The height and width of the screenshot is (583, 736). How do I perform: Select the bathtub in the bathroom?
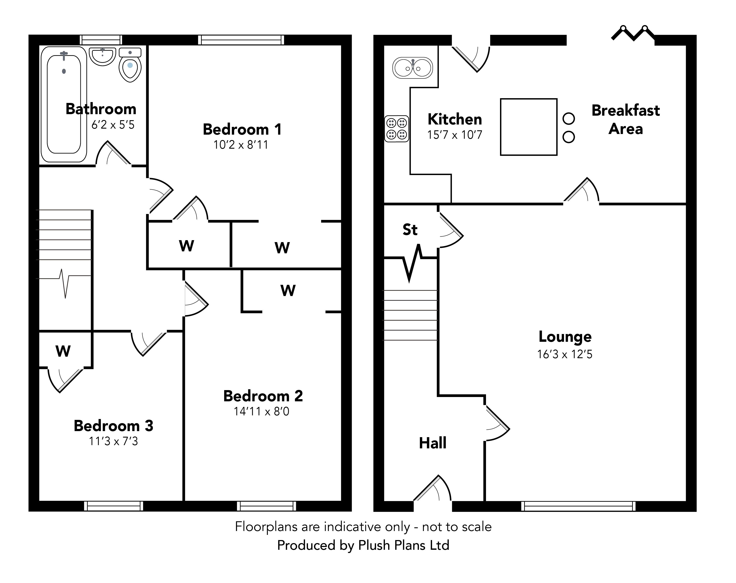(64, 104)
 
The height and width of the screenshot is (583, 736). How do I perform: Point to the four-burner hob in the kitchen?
(397, 128)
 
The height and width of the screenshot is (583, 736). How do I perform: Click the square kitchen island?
(528, 127)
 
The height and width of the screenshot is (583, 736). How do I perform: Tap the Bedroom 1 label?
(242, 129)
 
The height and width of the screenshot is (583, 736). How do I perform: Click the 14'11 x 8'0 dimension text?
(261, 411)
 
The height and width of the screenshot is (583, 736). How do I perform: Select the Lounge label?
(565, 337)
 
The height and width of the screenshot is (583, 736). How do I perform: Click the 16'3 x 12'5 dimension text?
(565, 354)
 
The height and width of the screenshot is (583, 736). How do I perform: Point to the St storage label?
(410, 230)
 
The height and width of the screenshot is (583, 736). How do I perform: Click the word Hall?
(433, 443)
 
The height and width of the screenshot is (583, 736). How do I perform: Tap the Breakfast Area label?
(626, 120)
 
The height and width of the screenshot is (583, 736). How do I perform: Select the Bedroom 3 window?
(114, 506)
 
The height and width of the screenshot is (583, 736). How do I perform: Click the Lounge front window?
(578, 506)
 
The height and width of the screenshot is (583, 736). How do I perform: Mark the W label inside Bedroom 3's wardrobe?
(63, 351)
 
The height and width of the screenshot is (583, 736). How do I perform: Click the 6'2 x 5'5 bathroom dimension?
(113, 125)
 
